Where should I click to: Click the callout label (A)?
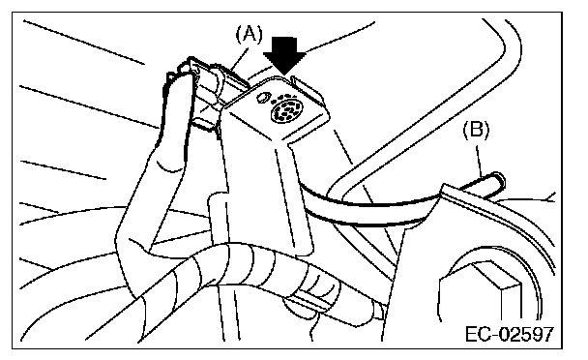(x=249, y=34)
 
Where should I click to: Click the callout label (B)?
(x=476, y=131)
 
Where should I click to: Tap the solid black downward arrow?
(x=284, y=55)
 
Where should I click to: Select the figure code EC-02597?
(x=510, y=334)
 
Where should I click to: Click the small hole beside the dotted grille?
(x=262, y=97)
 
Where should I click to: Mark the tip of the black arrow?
(x=284, y=75)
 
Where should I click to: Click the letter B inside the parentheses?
(x=476, y=131)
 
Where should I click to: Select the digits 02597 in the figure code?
(x=525, y=334)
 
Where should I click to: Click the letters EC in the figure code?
(x=477, y=334)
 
